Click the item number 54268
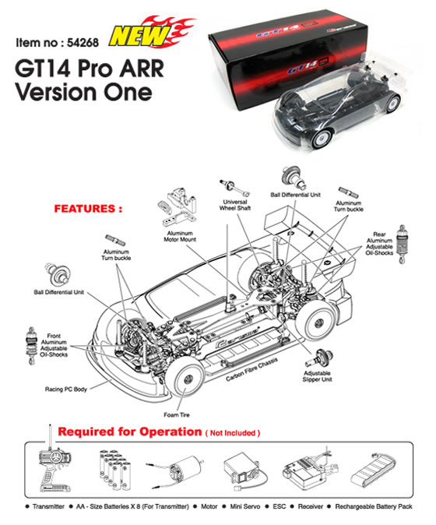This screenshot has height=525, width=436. (83, 43)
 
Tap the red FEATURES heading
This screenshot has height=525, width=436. (88, 209)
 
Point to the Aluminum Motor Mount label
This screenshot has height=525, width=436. (180, 236)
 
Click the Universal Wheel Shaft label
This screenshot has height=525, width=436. (235, 205)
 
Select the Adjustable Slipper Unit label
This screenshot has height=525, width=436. (317, 376)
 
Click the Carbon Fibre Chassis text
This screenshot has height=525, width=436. (251, 369)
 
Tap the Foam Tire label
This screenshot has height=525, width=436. (176, 415)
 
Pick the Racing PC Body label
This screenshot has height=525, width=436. (66, 389)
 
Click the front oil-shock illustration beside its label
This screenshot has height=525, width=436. (31, 346)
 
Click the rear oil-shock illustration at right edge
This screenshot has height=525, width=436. (401, 244)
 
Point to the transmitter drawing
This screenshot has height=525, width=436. (54, 465)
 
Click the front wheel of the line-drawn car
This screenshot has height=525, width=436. (185, 379)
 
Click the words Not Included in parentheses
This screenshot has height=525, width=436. (233, 433)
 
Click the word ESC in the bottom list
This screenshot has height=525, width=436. (279, 506)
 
